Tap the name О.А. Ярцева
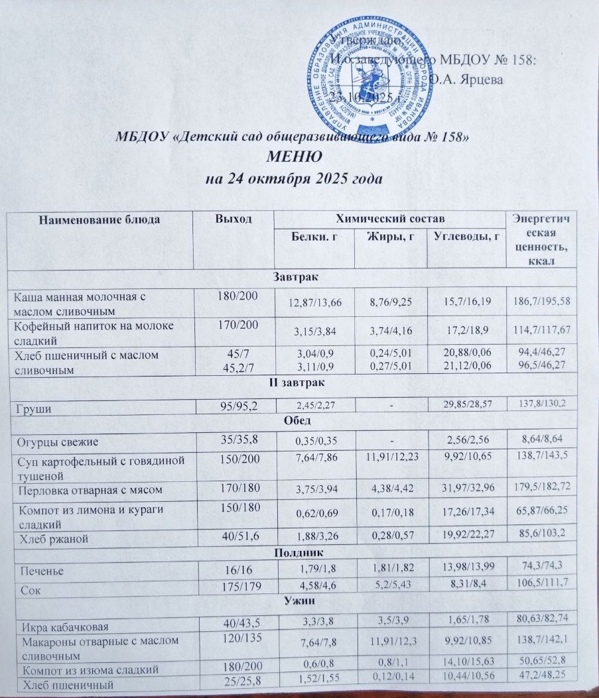click(466, 80)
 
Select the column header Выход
click(232, 219)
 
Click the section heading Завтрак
click(293, 278)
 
